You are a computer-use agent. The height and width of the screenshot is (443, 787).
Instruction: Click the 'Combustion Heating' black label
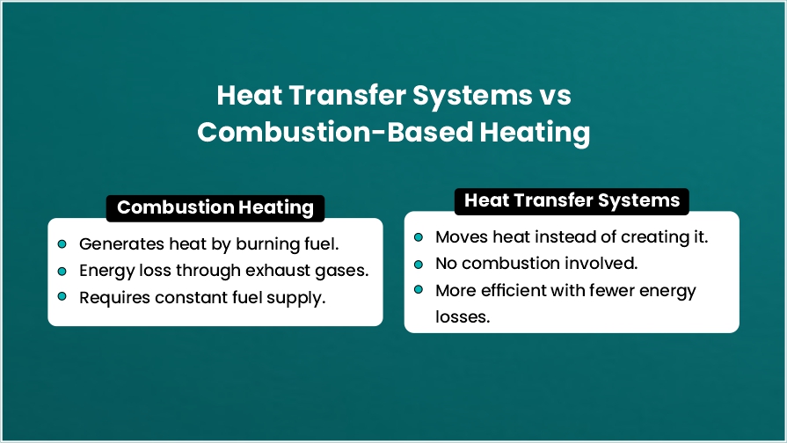click(215, 207)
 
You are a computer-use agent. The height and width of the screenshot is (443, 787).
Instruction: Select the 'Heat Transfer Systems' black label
click(572, 201)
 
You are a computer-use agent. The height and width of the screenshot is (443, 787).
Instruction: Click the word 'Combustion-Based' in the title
click(335, 133)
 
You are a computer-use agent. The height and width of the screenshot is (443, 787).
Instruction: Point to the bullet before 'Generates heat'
click(62, 243)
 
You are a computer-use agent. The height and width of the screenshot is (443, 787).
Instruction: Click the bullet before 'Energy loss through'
click(62, 272)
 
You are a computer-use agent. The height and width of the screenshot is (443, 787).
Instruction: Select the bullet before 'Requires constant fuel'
click(62, 296)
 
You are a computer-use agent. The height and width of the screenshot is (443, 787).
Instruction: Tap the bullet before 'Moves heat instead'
click(419, 236)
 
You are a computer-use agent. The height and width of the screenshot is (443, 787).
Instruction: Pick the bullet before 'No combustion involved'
click(419, 265)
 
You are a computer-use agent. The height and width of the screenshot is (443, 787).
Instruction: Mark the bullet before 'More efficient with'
click(419, 289)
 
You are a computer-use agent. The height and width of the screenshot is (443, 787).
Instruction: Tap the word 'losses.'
click(463, 317)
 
